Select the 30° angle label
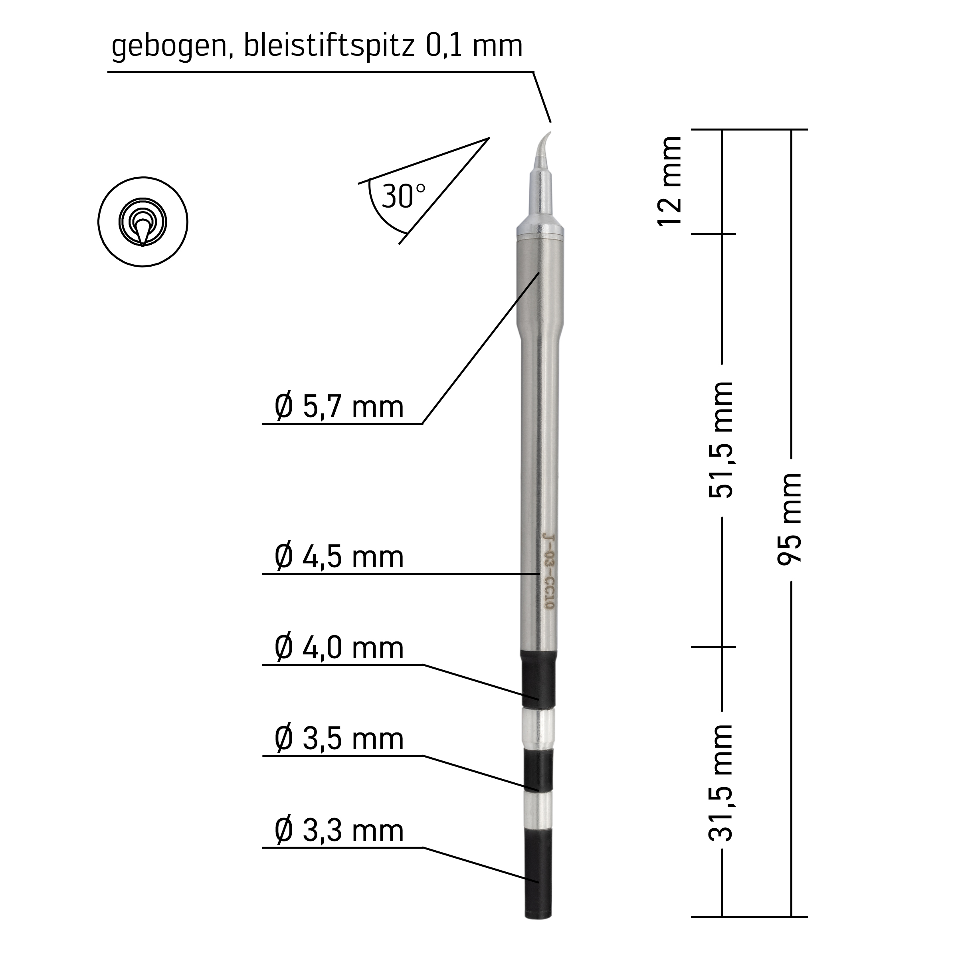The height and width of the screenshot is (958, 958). [x=403, y=196]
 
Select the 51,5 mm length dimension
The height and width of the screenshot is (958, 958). [x=720, y=440]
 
